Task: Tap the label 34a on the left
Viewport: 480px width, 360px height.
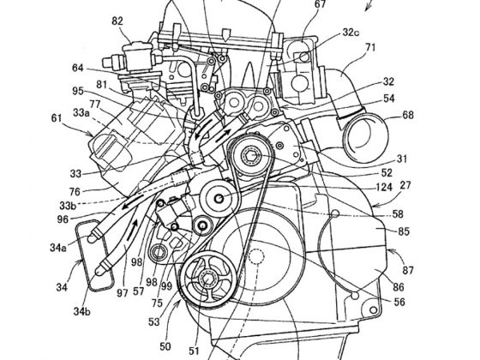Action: tap(57, 249)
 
